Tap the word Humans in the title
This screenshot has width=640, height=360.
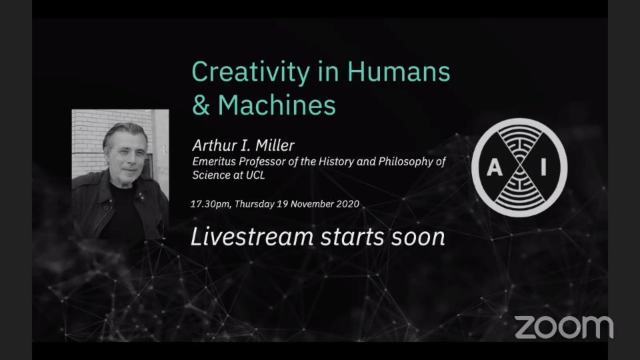tap(399, 71)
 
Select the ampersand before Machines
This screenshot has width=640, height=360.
tap(201, 105)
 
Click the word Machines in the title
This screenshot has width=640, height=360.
tap(277, 105)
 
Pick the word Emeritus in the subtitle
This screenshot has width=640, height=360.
tap(214, 161)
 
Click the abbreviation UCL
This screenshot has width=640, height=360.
tap(255, 175)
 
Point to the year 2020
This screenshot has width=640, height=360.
tap(348, 204)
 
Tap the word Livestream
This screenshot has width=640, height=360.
tap(252, 237)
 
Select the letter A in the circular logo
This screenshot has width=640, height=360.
tap(494, 168)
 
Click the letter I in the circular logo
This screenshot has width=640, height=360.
tap(543, 167)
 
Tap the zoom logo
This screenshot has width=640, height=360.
tap(564, 327)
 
